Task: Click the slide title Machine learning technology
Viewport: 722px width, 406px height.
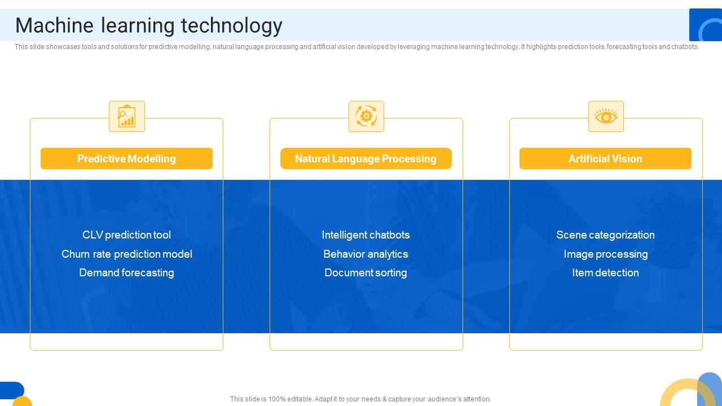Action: point(148,25)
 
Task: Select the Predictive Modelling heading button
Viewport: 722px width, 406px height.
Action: point(126,158)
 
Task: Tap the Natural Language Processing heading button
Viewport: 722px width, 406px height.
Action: point(366,158)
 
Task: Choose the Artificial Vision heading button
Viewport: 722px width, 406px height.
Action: point(605,158)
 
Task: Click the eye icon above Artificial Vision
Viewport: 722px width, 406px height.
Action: point(606,117)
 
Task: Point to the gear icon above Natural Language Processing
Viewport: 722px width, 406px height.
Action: point(366,117)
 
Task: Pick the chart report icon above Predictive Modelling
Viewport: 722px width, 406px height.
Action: point(126,117)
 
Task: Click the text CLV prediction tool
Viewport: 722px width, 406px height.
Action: point(126,235)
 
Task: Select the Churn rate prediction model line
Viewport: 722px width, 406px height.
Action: point(126,254)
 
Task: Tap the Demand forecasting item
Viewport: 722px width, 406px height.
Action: point(126,272)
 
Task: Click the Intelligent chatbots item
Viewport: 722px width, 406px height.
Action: point(366,235)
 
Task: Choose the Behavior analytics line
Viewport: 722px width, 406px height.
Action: point(366,254)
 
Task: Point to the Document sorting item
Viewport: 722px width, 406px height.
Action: point(366,272)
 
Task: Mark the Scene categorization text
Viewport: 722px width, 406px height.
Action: point(605,235)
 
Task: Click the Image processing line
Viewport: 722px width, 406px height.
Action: point(605,254)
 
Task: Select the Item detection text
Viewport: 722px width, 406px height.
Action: point(605,272)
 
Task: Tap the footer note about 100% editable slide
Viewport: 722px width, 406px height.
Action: point(360,399)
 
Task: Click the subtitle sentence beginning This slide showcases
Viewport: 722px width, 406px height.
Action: point(356,47)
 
